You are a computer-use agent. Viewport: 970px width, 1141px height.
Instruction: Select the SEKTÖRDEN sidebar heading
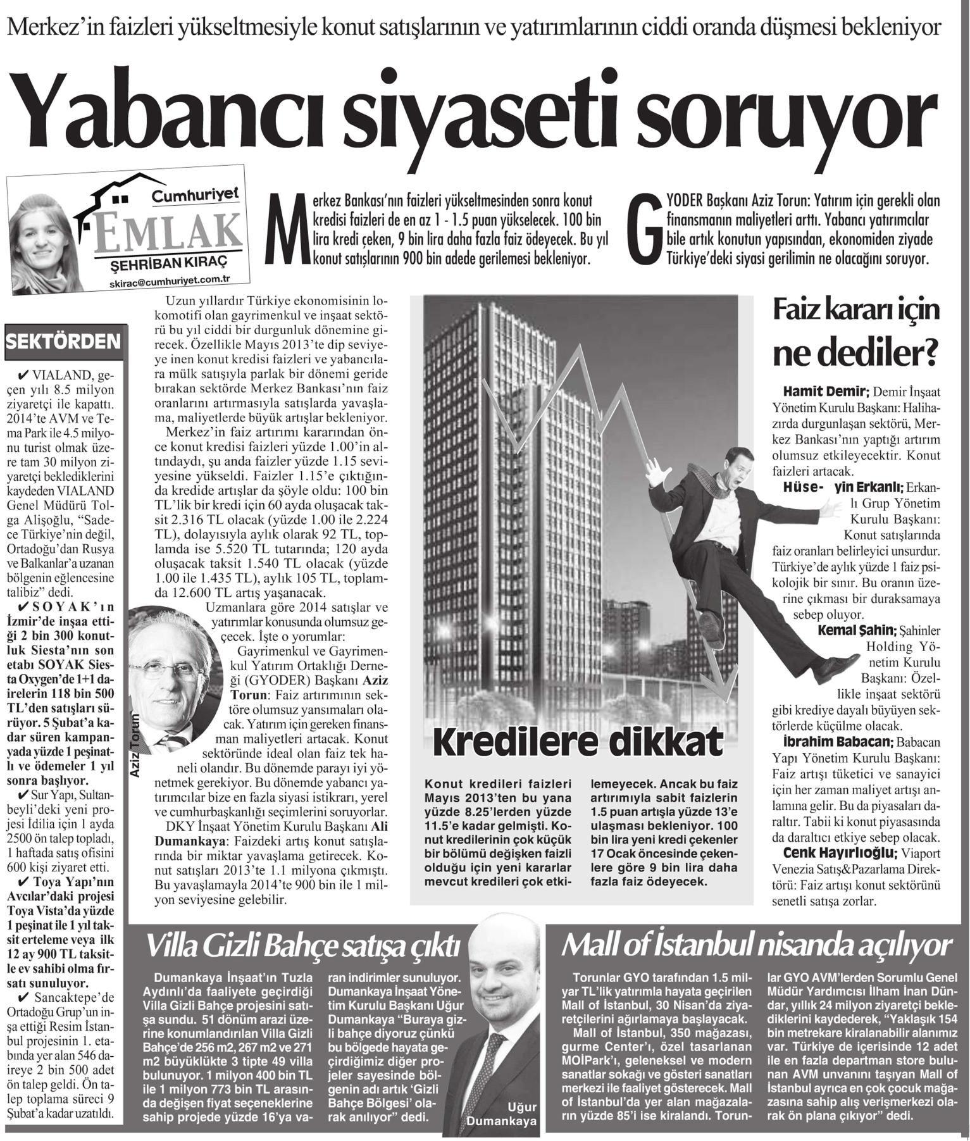click(x=63, y=342)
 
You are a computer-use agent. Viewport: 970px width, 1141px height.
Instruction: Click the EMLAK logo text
click(x=168, y=231)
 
